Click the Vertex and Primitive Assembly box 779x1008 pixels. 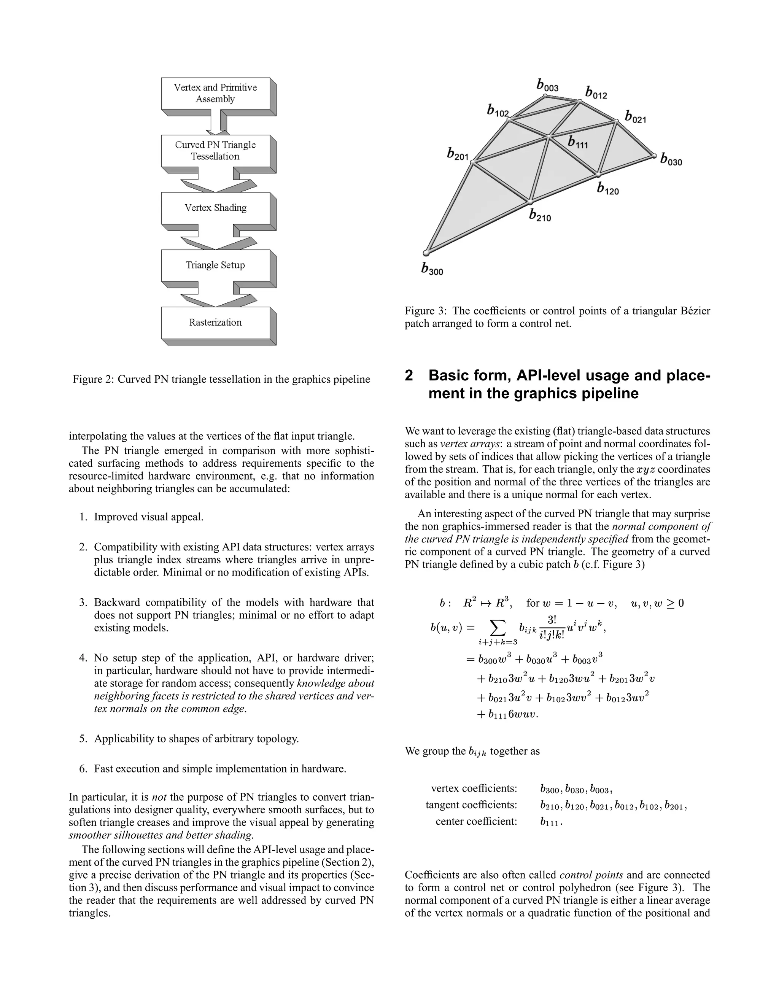pyautogui.click(x=216, y=94)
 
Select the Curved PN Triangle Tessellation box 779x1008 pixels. pyautogui.click(x=216, y=151)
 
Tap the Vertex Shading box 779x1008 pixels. pyautogui.click(x=216, y=208)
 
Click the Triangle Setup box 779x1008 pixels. pyautogui.click(x=216, y=266)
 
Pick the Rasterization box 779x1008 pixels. pyautogui.click(x=216, y=323)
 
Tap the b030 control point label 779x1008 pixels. pyautogui.click(x=671, y=160)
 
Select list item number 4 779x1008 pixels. pyautogui.click(x=83, y=658)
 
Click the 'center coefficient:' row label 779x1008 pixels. pyautogui.click(x=476, y=821)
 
